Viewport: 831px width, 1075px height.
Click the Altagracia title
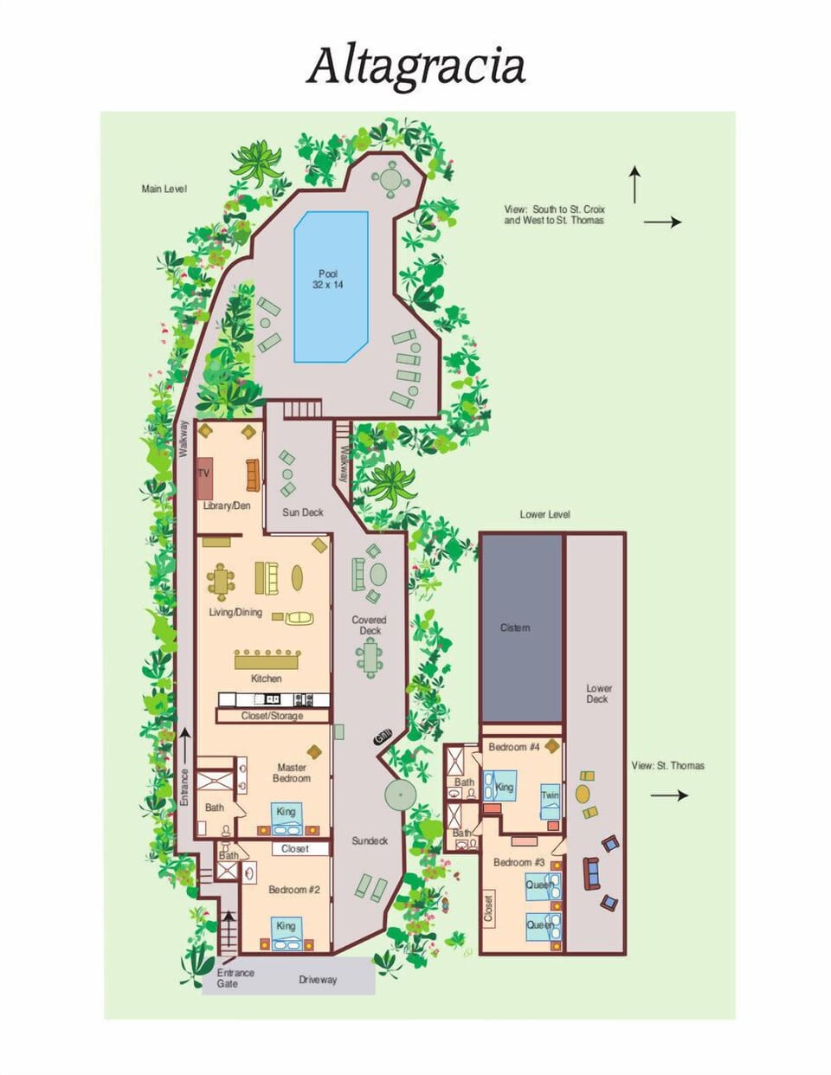(415, 67)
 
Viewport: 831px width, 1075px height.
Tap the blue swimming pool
(331, 286)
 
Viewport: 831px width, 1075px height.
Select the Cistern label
(515, 628)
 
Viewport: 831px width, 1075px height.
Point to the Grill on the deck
(382, 737)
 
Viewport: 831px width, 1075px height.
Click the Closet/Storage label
(273, 716)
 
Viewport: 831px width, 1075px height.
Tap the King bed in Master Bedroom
(286, 815)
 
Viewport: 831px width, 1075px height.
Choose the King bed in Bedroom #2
(286, 930)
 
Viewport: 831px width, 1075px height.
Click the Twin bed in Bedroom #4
(550, 800)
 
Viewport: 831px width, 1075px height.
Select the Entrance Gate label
(235, 978)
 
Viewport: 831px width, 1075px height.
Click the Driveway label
(318, 980)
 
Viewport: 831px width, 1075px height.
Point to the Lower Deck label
(597, 694)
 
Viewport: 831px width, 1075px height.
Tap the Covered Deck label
(369, 625)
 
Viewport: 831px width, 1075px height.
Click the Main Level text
(164, 189)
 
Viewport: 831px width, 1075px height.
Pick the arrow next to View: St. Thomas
(669, 795)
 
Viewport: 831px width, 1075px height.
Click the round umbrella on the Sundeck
(401, 794)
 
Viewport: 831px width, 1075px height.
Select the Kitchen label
(266, 679)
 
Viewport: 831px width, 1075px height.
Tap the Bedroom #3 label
(519, 862)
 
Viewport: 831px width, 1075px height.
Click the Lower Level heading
(544, 514)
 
